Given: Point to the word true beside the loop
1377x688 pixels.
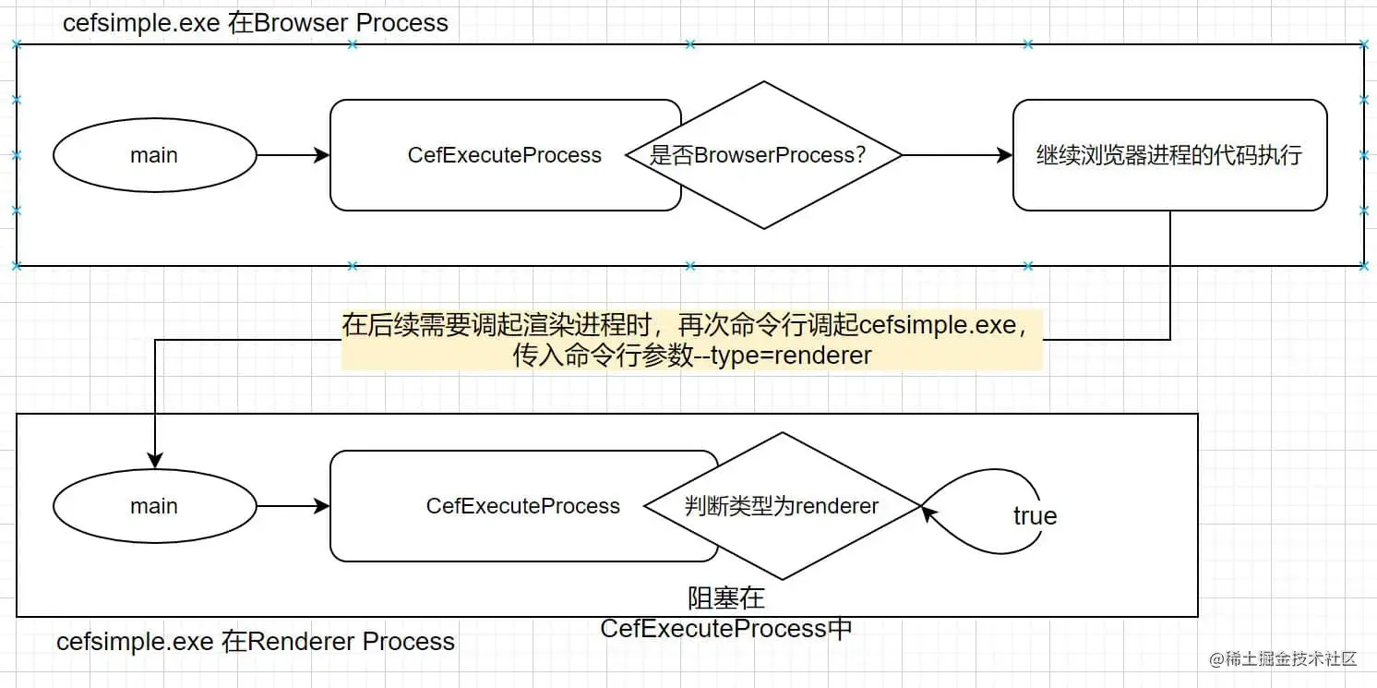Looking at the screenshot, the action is [x=1036, y=515].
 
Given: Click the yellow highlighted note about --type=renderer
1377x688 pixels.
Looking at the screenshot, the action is [x=692, y=340].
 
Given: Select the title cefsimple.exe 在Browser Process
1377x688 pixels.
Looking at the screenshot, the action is [x=256, y=23].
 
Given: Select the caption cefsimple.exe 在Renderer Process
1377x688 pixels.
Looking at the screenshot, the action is [x=256, y=641].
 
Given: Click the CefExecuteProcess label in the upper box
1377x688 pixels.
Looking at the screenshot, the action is [x=505, y=155].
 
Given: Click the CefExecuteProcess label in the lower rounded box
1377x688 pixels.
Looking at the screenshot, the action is [x=523, y=506].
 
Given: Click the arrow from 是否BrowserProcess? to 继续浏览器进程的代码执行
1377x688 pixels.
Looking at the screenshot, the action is [x=957, y=155].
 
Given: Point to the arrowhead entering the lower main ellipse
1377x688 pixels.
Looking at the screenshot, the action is [x=155, y=460].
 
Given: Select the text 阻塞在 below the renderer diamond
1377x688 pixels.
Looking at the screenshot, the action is [x=726, y=598].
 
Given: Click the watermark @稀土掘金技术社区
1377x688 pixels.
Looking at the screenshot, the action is [x=1282, y=659].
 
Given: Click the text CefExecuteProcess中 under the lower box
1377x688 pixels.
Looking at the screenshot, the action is [x=726, y=629].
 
